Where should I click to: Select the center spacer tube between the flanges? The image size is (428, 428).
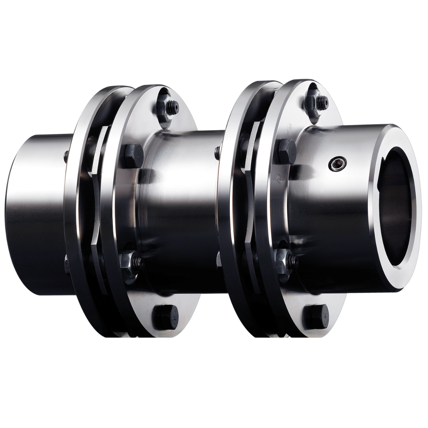tap(183, 211)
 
